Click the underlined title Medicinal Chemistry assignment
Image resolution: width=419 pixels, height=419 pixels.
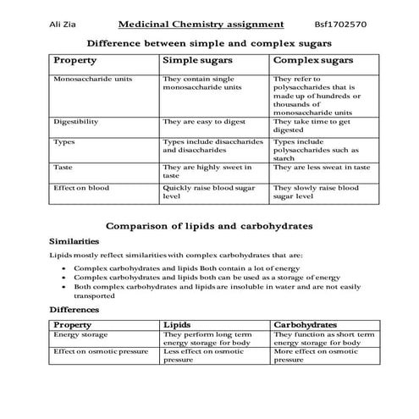pyautogui.click(x=201, y=25)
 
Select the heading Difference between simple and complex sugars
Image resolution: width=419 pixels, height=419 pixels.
pyautogui.click(x=209, y=41)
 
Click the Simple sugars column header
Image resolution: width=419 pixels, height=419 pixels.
pyautogui.click(x=198, y=61)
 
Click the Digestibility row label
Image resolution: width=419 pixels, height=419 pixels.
pyautogui.click(x=75, y=122)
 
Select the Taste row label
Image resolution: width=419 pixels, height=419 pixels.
pyautogui.click(x=64, y=167)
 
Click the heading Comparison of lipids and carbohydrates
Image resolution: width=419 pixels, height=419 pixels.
pyautogui.click(x=208, y=226)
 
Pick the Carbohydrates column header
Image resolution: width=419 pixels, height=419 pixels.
pyautogui.click(x=306, y=324)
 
